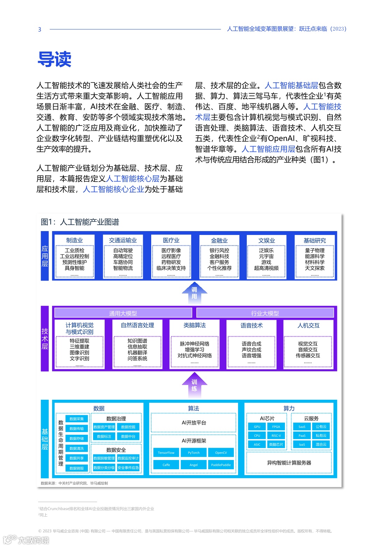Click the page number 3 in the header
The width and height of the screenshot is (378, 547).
click(x=40, y=29)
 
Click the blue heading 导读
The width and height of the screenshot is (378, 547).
click(x=55, y=59)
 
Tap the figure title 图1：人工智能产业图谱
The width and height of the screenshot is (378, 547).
click(x=80, y=222)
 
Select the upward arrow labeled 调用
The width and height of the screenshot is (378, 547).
click(x=194, y=292)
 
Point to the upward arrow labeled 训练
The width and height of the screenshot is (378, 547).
click(x=194, y=385)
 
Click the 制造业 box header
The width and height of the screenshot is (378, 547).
click(x=75, y=240)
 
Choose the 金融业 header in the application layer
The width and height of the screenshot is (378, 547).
click(x=219, y=240)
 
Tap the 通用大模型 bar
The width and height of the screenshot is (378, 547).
click(x=123, y=313)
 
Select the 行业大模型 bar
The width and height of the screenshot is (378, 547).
click(x=265, y=313)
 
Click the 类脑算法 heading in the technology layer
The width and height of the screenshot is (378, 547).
click(x=195, y=325)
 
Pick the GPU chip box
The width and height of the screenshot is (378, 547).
click(x=257, y=427)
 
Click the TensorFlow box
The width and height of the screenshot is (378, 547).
click(x=166, y=453)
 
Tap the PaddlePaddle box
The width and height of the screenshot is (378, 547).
click(x=221, y=465)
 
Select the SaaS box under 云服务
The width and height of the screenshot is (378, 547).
click(x=302, y=427)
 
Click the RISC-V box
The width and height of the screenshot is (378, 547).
click(x=276, y=435)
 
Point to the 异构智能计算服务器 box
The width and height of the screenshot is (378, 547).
click(x=289, y=463)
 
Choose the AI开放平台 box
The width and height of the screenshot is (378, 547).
click(x=194, y=423)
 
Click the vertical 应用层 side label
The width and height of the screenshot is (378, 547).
click(x=45, y=256)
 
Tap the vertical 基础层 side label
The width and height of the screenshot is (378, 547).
click(x=45, y=439)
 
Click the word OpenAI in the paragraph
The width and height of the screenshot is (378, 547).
click(x=281, y=139)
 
